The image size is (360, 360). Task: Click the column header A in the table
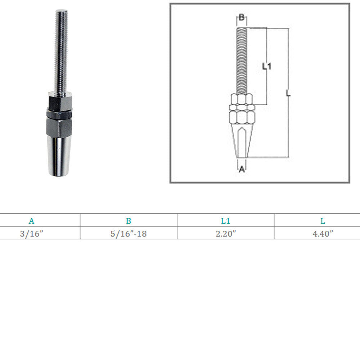31,221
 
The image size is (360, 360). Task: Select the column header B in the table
129,221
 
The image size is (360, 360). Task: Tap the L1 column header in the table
225,221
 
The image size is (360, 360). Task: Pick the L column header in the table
323,221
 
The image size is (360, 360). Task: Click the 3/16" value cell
31,234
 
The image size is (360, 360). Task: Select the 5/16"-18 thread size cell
129,234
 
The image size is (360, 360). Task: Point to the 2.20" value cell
226,234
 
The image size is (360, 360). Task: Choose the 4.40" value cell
323,234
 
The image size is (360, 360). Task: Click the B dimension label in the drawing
242,17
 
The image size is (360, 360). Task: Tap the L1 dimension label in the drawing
267,66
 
